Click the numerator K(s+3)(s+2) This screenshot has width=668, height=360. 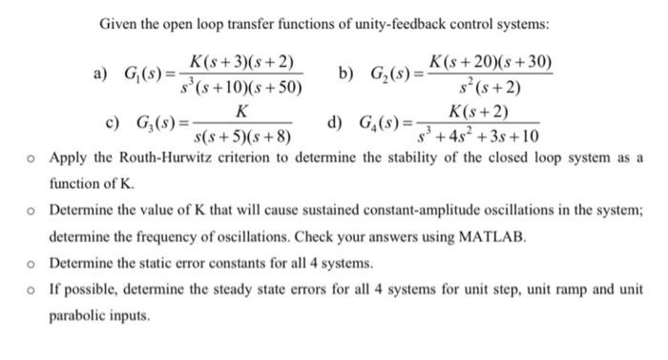point(245,59)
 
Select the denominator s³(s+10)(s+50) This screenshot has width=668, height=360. point(245,87)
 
